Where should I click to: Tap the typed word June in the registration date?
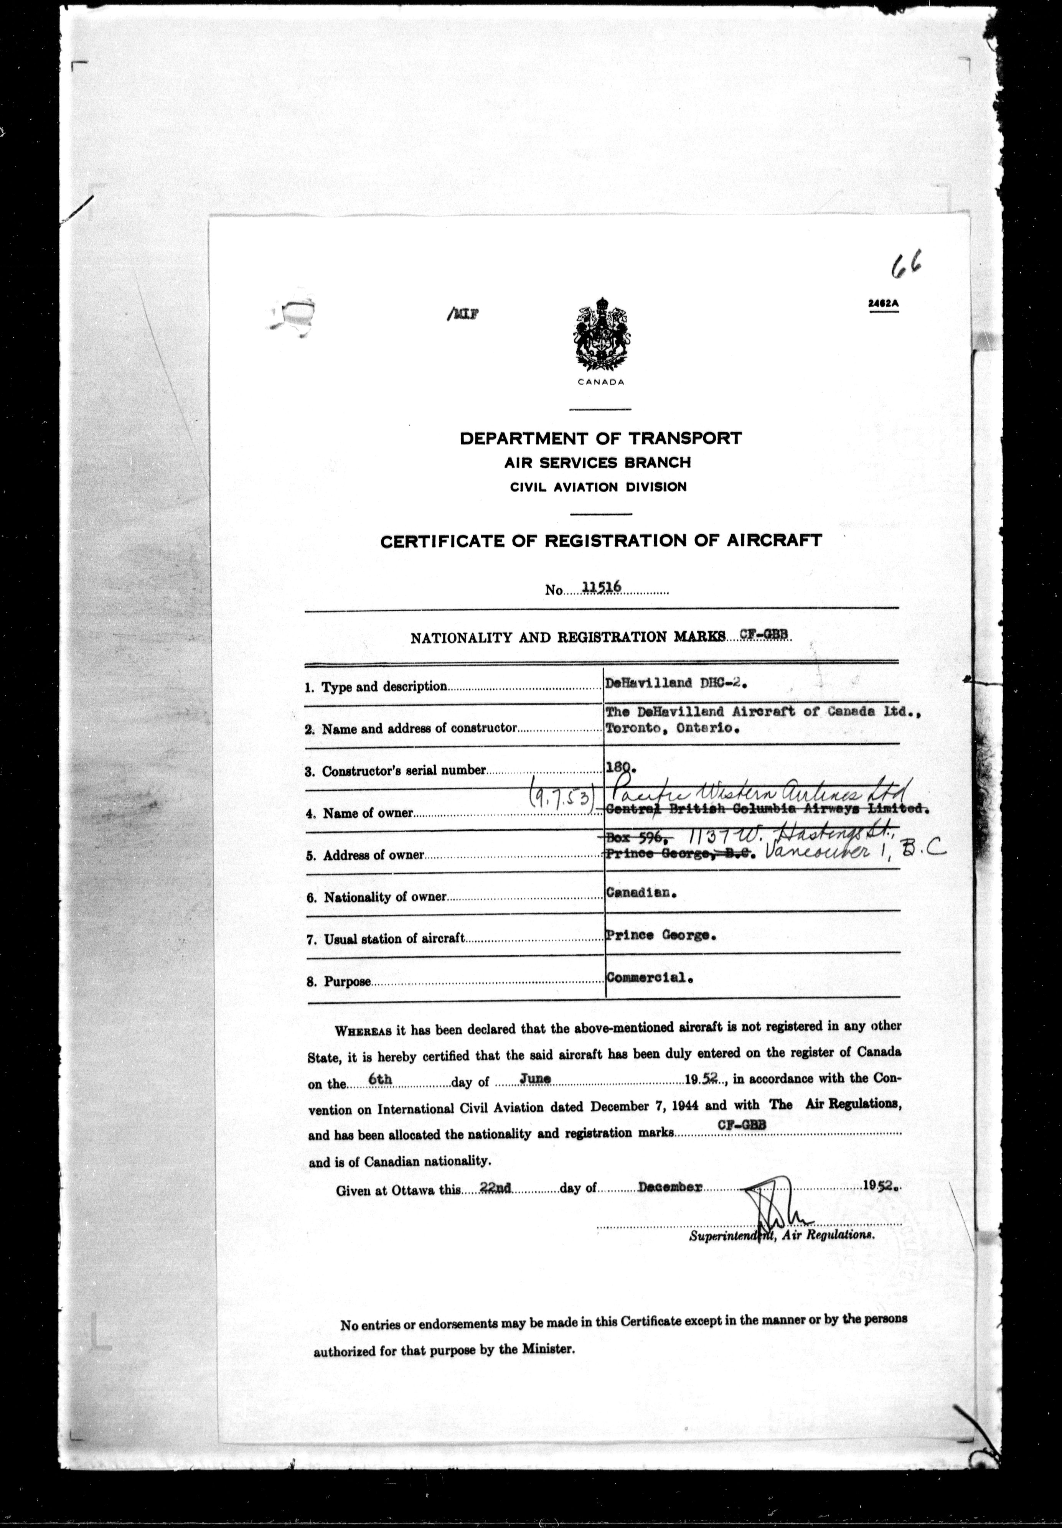[535, 1079]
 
